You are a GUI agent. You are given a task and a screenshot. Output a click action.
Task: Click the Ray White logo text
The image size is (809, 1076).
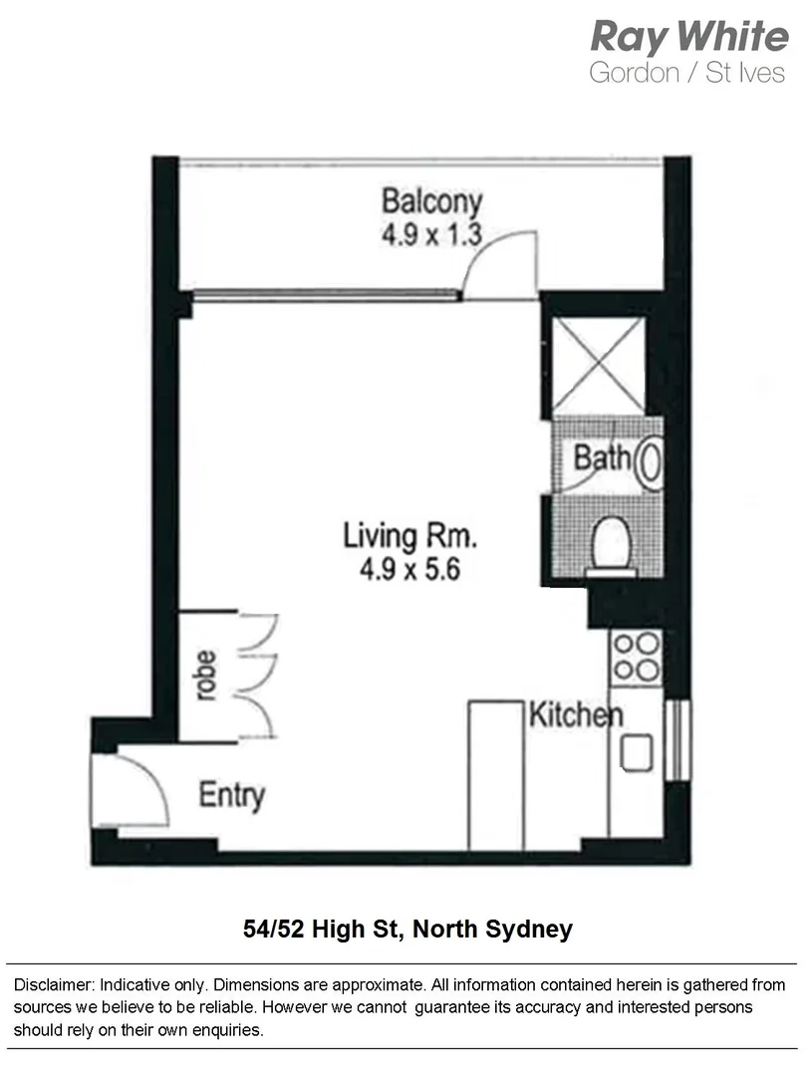click(x=688, y=37)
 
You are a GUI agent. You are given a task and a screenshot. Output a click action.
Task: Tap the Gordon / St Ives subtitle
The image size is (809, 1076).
click(x=687, y=73)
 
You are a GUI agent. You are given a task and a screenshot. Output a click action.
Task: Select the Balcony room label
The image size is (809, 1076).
click(x=431, y=201)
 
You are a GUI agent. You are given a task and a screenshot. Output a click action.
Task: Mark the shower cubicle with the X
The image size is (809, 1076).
click(x=599, y=363)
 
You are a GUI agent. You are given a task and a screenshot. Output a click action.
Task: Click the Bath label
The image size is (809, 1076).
click(x=602, y=458)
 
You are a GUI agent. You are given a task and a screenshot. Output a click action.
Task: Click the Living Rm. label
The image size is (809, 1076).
click(x=409, y=537)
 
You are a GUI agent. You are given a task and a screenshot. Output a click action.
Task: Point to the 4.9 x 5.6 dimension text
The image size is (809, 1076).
click(x=409, y=571)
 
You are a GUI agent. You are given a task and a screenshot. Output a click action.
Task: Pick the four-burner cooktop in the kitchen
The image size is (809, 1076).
click(x=636, y=657)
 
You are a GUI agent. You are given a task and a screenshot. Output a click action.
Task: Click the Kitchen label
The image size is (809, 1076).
click(x=575, y=714)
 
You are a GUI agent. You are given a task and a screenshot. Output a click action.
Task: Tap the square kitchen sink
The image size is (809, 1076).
click(x=636, y=752)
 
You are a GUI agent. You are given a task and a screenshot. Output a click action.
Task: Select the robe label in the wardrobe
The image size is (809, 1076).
click(x=206, y=675)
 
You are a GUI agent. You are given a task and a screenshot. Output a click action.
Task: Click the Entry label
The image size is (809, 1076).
click(x=231, y=796)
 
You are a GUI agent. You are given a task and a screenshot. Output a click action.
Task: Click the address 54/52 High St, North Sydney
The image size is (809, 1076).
click(x=407, y=930)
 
